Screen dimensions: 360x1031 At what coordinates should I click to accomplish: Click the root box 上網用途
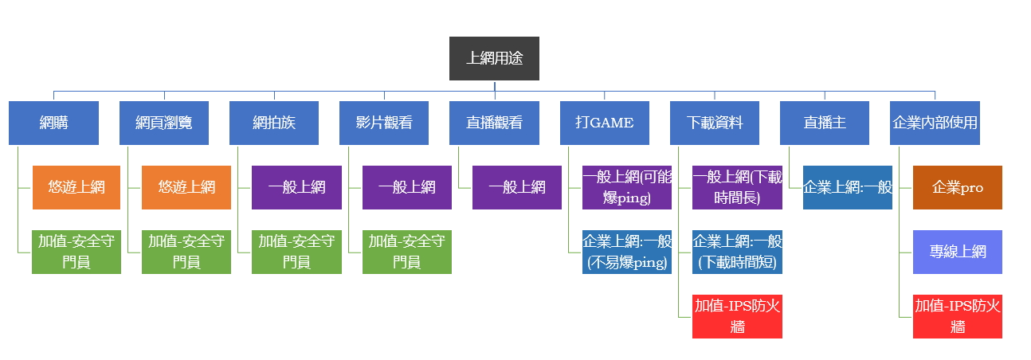pyautogui.click(x=494, y=58)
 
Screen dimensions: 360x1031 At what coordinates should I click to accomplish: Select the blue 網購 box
pyautogui.click(x=54, y=123)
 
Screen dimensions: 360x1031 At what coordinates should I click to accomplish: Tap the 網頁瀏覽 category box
pyautogui.click(x=164, y=123)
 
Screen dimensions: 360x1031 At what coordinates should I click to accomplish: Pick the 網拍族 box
pyautogui.click(x=274, y=123)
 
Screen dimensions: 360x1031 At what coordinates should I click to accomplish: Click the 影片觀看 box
pyautogui.click(x=384, y=123)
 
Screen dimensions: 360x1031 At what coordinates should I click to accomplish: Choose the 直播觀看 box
pyautogui.click(x=494, y=123)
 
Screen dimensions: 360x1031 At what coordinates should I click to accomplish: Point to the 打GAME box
pyautogui.click(x=604, y=123)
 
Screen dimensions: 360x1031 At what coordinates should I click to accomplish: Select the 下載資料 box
pyautogui.click(x=714, y=123)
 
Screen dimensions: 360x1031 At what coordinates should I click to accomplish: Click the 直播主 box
pyautogui.click(x=824, y=123)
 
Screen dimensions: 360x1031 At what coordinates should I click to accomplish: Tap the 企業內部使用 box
pyautogui.click(x=935, y=123)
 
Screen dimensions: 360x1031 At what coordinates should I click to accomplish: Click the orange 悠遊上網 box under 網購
pyautogui.click(x=76, y=187)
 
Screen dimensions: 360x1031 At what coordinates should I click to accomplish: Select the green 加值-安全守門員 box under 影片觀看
pyautogui.click(x=407, y=252)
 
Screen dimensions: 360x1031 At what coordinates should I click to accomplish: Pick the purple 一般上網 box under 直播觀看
pyautogui.click(x=517, y=187)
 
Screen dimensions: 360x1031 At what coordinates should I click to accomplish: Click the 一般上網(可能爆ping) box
pyautogui.click(x=627, y=187)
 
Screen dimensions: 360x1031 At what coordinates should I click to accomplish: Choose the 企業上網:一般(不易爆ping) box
pyautogui.click(x=627, y=252)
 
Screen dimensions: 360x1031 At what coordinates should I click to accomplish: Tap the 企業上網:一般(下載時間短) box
pyautogui.click(x=737, y=252)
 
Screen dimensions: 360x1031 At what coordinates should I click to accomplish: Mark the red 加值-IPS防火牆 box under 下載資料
pyautogui.click(x=737, y=316)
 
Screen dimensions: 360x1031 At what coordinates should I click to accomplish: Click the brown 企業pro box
pyautogui.click(x=958, y=187)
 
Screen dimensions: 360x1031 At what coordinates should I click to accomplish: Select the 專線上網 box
pyautogui.click(x=958, y=252)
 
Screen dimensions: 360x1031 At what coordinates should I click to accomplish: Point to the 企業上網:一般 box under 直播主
pyautogui.click(x=847, y=187)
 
